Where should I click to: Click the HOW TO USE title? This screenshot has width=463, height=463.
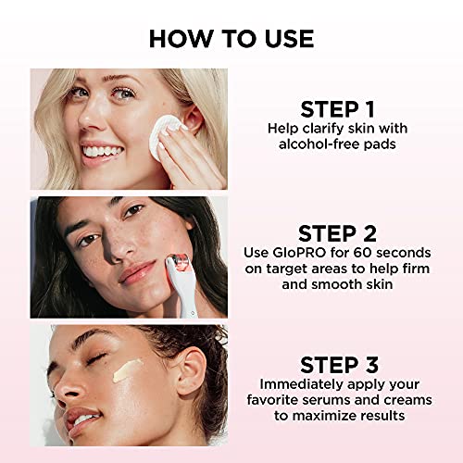point(231,38)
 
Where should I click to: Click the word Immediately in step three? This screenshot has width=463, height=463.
point(295,383)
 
